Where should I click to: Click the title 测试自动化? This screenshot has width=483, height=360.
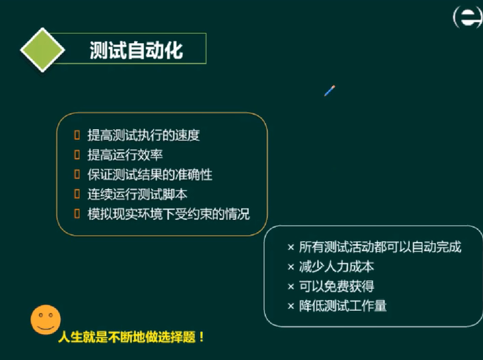137,50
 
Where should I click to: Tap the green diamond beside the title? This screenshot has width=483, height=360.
42,51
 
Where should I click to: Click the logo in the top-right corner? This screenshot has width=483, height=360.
468,18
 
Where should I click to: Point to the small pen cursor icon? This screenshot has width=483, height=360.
330,90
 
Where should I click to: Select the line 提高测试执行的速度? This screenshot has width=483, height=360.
143,135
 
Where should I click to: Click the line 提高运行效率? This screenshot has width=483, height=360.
125,155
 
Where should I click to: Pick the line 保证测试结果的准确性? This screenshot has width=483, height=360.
150,175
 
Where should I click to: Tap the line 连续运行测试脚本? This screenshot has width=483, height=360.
137,195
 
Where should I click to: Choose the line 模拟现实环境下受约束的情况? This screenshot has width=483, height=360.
168,214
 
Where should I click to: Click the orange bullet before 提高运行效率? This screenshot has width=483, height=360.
77,155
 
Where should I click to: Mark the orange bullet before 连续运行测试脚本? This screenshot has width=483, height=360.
77,195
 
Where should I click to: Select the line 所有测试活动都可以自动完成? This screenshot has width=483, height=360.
380,247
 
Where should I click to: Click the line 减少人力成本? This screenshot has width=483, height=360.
337,267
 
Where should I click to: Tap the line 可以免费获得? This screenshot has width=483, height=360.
337,286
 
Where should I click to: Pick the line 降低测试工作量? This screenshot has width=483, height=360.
343,306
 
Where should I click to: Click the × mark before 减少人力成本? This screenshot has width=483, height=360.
291,267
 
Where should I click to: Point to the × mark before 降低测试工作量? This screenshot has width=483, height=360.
291,306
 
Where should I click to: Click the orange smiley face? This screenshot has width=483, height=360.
44,320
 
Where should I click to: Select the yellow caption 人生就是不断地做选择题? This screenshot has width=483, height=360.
132,337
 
